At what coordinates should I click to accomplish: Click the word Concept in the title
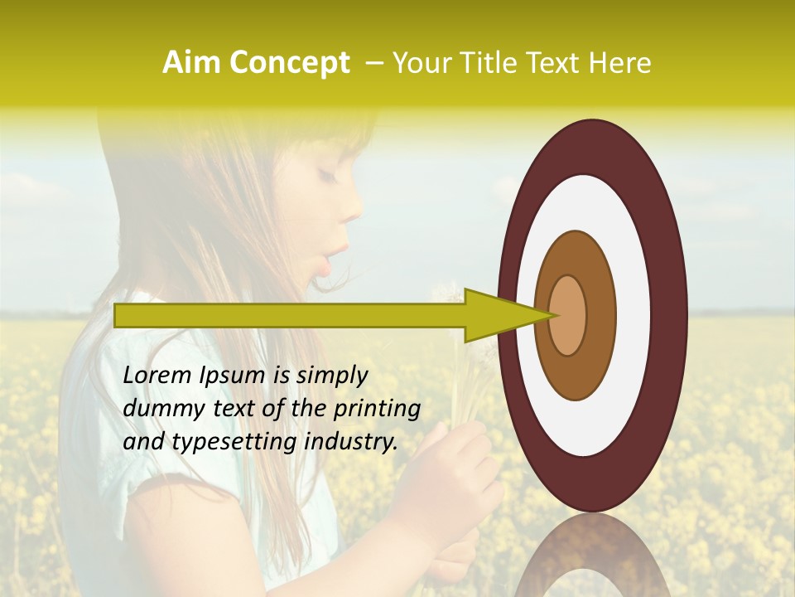pyautogui.click(x=289, y=64)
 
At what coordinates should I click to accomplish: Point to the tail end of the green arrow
pyautogui.click(x=118, y=315)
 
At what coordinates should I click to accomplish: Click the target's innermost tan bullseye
pyautogui.click(x=567, y=315)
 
